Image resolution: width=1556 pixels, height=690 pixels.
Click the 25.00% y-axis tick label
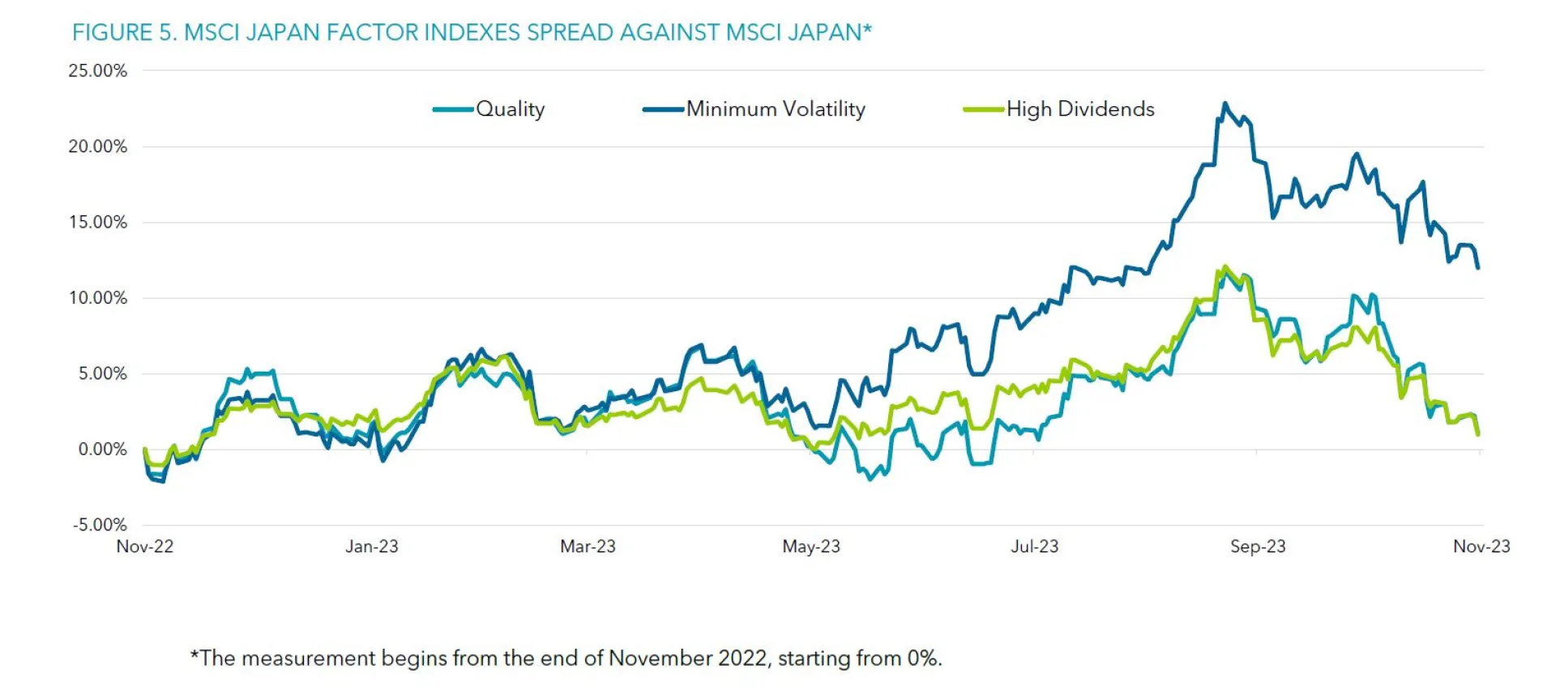97,70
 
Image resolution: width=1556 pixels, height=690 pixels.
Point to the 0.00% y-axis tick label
102,449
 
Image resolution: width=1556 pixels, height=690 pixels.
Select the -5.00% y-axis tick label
100,525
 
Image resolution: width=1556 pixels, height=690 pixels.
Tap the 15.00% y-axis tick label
97,222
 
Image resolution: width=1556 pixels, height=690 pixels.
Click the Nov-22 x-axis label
145,547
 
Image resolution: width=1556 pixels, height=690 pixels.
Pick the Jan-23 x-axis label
372,547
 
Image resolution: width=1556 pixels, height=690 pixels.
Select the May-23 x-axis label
811,547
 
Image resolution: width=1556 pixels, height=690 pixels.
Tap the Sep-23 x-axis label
1258,547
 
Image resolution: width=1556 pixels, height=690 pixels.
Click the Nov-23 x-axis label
1481,547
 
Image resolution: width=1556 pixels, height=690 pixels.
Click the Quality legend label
510,109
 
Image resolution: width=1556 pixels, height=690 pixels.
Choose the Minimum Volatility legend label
776,109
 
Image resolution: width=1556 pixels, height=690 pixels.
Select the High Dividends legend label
1080,109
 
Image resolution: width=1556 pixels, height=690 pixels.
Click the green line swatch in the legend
983,109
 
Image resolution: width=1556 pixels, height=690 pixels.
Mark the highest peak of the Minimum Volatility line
1225,104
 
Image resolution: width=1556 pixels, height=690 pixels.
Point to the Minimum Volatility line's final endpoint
1478,267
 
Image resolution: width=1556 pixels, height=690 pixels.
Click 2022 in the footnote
742,658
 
